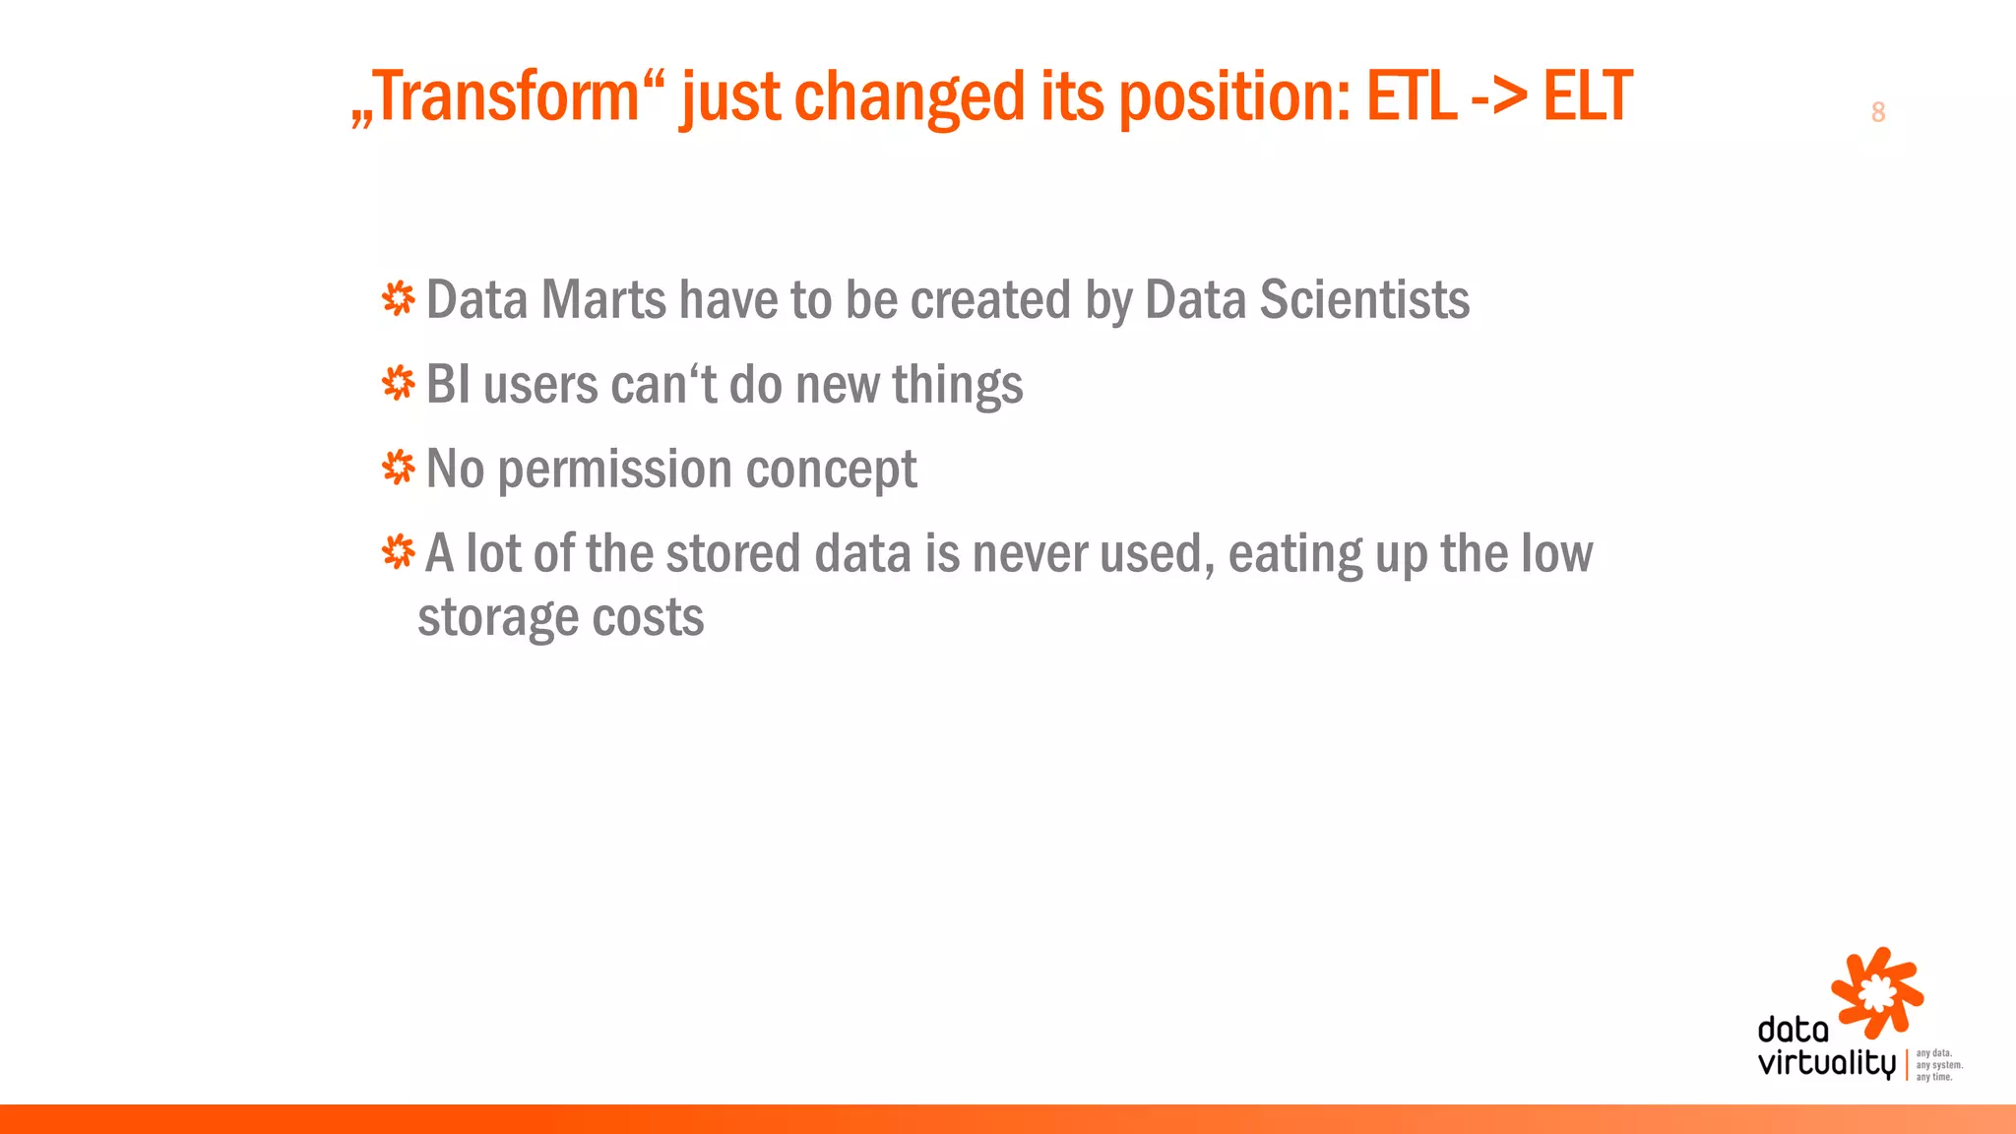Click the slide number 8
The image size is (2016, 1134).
click(x=1877, y=112)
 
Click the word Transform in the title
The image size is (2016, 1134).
click(x=508, y=96)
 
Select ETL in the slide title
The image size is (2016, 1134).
click(x=1411, y=96)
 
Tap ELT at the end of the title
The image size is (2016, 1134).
click(x=1587, y=96)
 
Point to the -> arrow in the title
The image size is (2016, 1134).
click(x=1499, y=98)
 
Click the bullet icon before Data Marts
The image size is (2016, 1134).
click(x=399, y=298)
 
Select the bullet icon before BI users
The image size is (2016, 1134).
click(x=399, y=383)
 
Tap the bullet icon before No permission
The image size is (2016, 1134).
click(x=399, y=468)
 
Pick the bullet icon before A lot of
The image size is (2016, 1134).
click(x=399, y=552)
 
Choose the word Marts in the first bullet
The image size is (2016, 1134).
click(x=603, y=299)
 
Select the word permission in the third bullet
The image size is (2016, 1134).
click(x=614, y=470)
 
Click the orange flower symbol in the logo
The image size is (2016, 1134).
click(x=1876, y=992)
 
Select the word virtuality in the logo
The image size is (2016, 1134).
click(x=1826, y=1064)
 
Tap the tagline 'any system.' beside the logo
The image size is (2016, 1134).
click(x=1939, y=1065)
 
